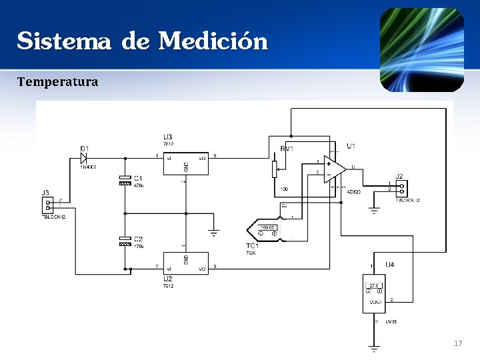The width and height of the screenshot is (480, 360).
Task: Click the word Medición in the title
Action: pos(213,41)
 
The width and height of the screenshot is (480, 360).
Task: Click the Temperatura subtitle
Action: pos(57,82)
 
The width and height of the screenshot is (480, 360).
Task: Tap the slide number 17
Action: pos(457,343)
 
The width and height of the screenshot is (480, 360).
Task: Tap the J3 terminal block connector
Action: pos(47,205)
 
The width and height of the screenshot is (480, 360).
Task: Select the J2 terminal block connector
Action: pos(401,188)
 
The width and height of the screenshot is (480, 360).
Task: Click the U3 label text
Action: pos(167,137)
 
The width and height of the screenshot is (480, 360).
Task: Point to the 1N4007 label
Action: pos(89,167)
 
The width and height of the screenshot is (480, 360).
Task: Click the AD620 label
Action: pos(353,192)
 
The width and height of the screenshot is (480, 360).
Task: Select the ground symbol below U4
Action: pos(375,347)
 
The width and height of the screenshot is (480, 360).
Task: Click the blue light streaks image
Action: pos(421,50)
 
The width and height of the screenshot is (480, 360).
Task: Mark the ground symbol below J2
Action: pos(374,211)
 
